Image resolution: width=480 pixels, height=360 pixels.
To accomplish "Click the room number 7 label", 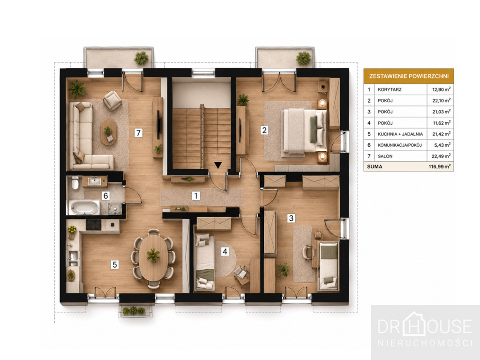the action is tap(138, 133).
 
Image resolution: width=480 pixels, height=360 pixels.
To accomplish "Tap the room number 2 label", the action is tap(264, 130).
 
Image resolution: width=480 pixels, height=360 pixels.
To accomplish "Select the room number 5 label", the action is tap(114, 264).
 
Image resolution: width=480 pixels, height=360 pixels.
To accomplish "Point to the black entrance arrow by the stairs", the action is tap(217, 165).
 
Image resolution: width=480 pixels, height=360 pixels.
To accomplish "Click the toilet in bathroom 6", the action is tap(75, 183).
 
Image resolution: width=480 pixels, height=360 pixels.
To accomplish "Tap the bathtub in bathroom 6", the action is tap(84, 208).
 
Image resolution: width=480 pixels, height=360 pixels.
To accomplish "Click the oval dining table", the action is tap(153, 257).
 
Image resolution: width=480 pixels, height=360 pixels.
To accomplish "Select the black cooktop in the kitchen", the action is tap(93, 225).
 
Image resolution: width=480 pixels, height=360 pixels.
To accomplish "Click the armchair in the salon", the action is tap(112, 100).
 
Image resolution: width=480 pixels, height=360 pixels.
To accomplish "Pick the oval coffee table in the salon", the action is tap(108, 132).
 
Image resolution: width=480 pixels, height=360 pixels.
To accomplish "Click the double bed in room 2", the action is tap(305, 131).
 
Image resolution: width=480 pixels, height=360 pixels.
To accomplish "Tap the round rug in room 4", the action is tap(225, 259).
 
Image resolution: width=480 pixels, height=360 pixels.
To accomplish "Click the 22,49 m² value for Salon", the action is tap(441, 156).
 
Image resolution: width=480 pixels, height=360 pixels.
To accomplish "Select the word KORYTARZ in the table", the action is tap(390, 90).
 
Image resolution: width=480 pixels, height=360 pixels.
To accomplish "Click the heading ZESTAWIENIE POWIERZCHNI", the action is tap(409, 76).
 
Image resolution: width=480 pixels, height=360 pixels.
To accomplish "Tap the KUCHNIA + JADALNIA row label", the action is tap(400, 134).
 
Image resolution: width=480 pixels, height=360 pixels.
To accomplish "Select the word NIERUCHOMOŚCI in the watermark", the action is tap(425, 343).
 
